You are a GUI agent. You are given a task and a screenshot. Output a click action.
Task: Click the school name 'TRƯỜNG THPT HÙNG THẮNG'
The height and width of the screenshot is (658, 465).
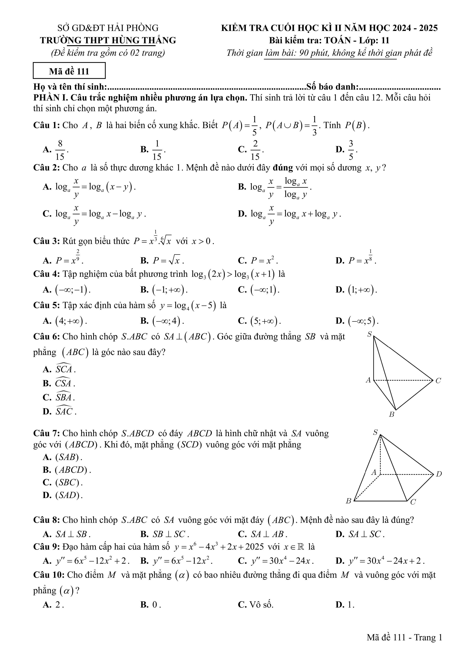pos(108,40)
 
